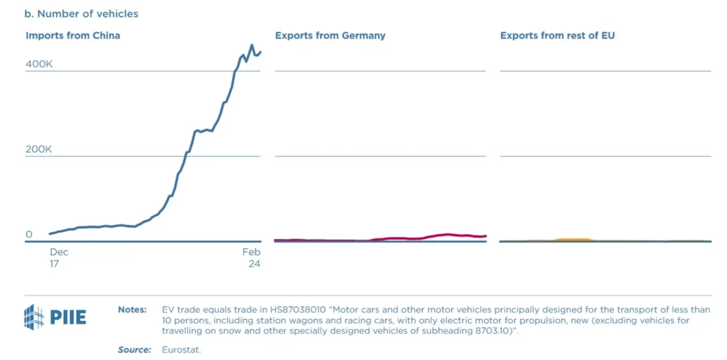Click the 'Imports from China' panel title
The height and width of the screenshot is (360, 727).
(x=73, y=35)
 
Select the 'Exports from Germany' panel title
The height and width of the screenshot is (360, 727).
(x=330, y=35)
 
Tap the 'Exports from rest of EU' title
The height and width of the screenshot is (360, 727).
(x=557, y=35)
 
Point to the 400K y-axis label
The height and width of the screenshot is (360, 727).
(x=39, y=64)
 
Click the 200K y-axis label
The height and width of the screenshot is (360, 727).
(x=39, y=149)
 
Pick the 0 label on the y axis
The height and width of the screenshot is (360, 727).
(x=29, y=234)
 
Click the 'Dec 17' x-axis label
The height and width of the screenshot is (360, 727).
(x=59, y=258)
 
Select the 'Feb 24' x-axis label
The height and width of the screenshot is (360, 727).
(x=252, y=258)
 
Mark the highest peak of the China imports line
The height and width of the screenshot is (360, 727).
(x=252, y=46)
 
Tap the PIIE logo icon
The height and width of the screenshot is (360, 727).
(x=34, y=317)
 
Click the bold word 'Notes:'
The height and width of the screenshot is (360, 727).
(x=132, y=310)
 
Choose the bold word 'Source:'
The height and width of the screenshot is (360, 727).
(x=134, y=350)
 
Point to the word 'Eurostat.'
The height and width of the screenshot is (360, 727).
(x=182, y=350)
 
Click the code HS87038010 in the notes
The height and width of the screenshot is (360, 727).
(x=287, y=310)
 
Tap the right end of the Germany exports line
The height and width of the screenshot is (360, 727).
(x=485, y=236)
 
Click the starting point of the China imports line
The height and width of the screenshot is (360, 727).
(x=50, y=234)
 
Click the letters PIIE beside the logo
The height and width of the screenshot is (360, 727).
(x=68, y=317)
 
